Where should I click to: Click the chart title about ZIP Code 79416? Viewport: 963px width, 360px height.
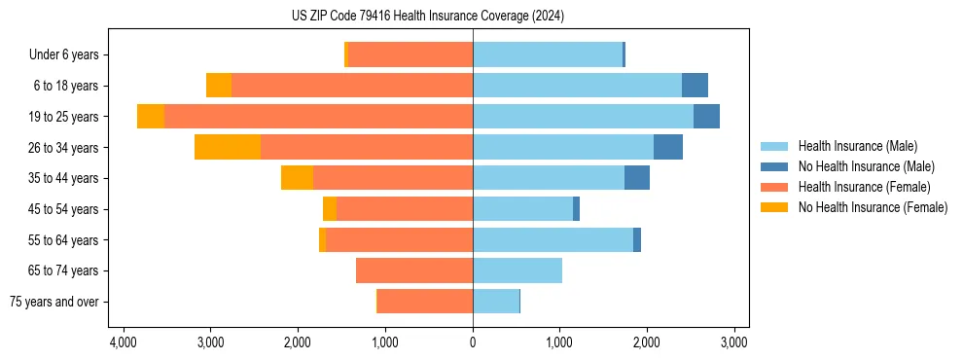(428, 16)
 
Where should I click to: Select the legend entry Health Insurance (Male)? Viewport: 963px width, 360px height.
(857, 146)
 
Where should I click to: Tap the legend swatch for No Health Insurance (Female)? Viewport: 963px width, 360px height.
(775, 207)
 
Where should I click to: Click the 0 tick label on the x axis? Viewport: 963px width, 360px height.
(473, 342)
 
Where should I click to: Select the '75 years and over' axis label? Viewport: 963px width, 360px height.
(54, 302)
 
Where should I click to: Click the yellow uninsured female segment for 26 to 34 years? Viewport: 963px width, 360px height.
(228, 147)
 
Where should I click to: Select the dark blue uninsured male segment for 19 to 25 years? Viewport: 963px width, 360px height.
(706, 116)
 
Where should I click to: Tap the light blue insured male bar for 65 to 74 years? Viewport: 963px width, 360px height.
(517, 270)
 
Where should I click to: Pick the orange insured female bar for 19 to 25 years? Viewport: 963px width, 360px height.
(318, 116)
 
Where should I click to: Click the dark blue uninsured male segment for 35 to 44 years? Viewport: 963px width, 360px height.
(637, 178)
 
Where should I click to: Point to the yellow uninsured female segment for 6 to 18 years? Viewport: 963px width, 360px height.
(219, 86)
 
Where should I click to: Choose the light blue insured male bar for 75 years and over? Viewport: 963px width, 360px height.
(496, 302)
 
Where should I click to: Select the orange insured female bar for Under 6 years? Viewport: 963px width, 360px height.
(410, 54)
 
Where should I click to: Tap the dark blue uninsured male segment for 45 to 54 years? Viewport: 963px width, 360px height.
(576, 208)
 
